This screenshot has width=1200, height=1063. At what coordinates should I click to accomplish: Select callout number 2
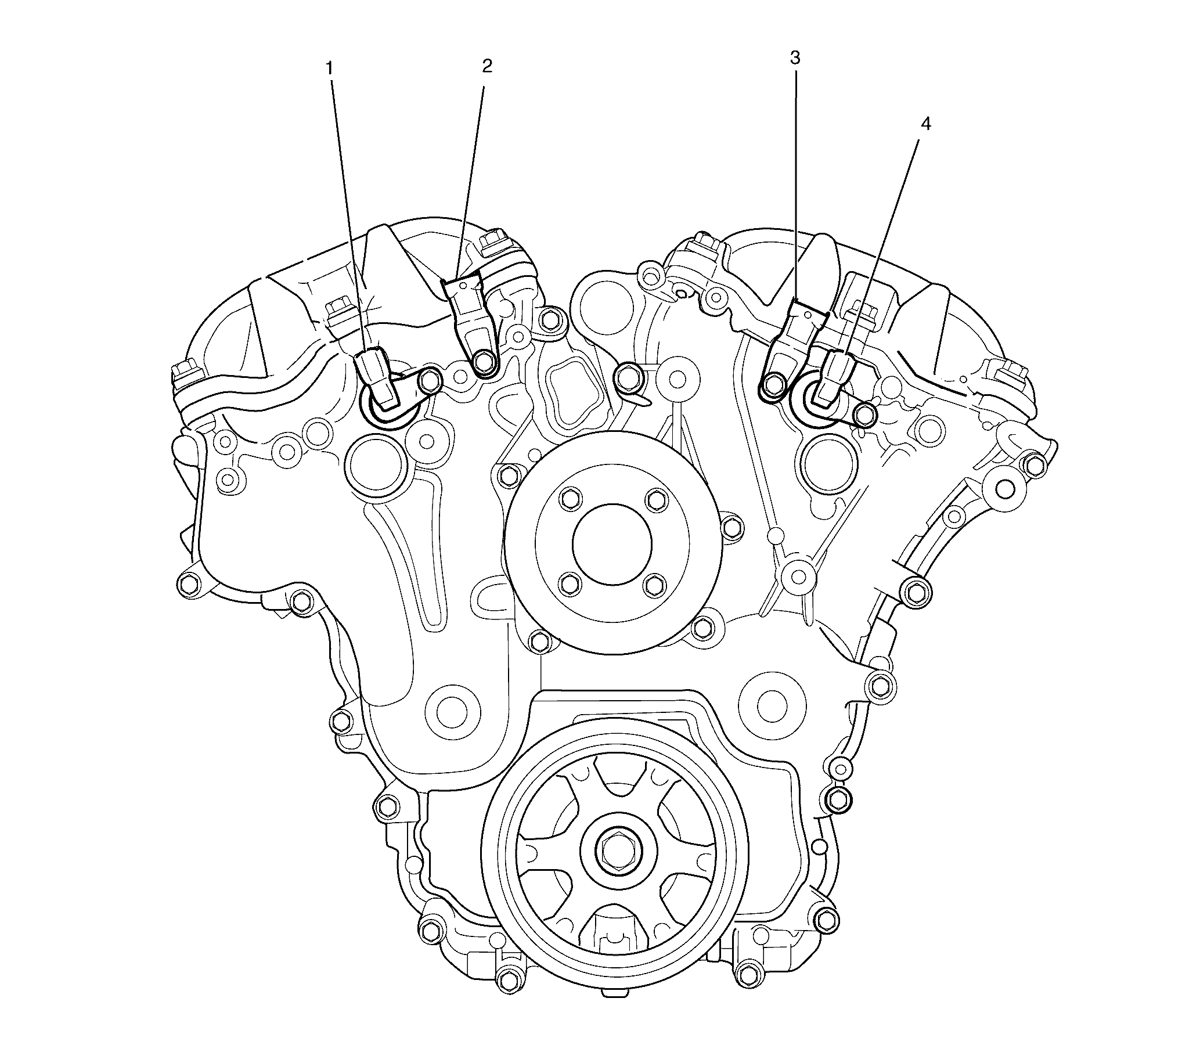tap(487, 66)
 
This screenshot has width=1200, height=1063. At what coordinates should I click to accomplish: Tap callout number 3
tap(795, 57)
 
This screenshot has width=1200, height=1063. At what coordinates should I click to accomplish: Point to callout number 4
tap(925, 124)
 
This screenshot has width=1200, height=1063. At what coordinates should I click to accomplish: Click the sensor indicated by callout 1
tap(376, 376)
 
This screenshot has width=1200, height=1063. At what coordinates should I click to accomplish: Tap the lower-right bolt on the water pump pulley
tap(656, 583)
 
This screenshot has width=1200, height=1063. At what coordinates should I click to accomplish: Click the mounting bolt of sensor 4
tap(864, 414)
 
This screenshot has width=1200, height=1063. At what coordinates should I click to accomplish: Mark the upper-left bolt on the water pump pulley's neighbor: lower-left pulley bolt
tap(568, 583)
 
